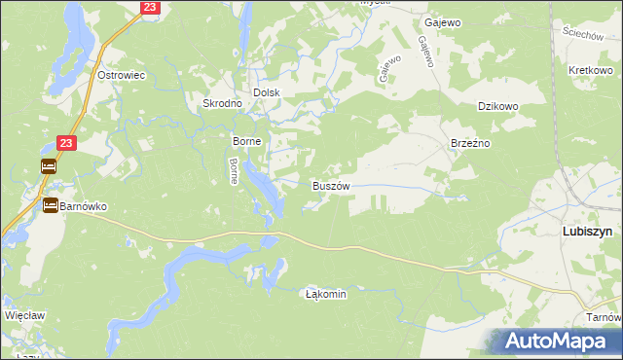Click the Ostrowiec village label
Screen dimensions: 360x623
click(x=122, y=75)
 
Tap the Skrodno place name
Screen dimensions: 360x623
click(x=221, y=103)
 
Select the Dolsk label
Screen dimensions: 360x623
click(x=267, y=92)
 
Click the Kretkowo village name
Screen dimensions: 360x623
click(x=589, y=72)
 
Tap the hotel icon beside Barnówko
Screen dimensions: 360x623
click(x=50, y=204)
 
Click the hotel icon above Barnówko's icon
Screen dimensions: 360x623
click(x=49, y=166)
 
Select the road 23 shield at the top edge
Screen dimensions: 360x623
click(x=149, y=7)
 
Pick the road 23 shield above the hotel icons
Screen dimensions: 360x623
click(x=66, y=142)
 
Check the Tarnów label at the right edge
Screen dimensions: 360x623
click(x=605, y=318)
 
